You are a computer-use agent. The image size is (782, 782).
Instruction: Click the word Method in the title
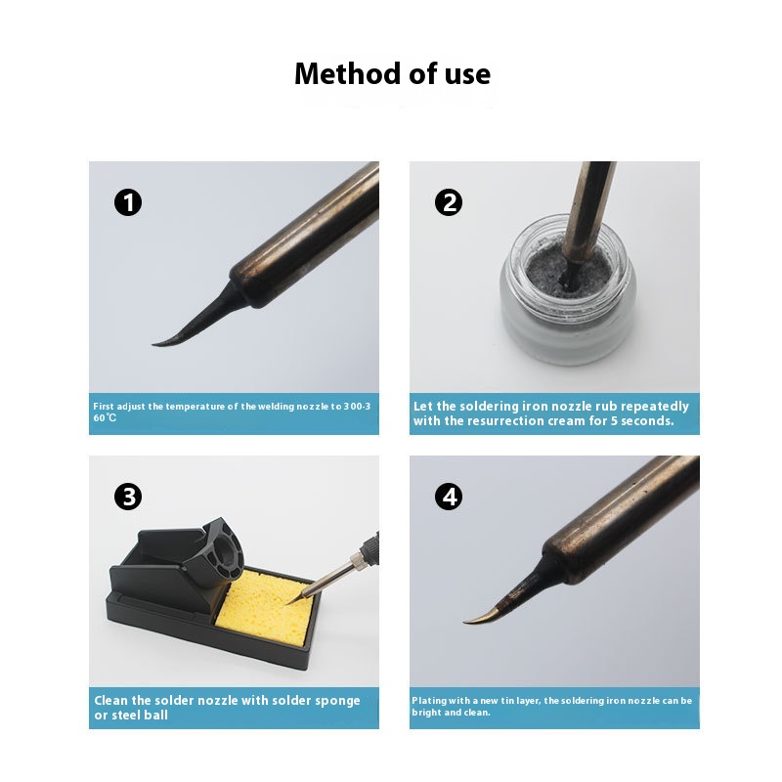pyautogui.click(x=348, y=74)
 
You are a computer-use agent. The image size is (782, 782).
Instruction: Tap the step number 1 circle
pyautogui.click(x=128, y=202)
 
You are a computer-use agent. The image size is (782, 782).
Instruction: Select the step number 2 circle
pyautogui.click(x=449, y=202)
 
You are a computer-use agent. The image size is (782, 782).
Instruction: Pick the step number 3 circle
pyautogui.click(x=128, y=497)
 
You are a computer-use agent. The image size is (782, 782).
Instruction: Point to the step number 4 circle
pyautogui.click(x=449, y=497)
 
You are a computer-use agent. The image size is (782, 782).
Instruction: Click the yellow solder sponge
pyautogui.click(x=264, y=608)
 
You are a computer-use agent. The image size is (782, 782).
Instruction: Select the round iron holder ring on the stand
pyautogui.click(x=226, y=552)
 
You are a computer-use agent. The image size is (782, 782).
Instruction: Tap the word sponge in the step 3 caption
pyautogui.click(x=337, y=701)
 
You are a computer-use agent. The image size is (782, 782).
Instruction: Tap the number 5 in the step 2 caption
pyautogui.click(x=614, y=421)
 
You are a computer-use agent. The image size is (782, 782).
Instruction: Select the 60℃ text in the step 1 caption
pyautogui.click(x=105, y=417)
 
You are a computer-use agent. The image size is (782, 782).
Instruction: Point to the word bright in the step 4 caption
pyautogui.click(x=426, y=713)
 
